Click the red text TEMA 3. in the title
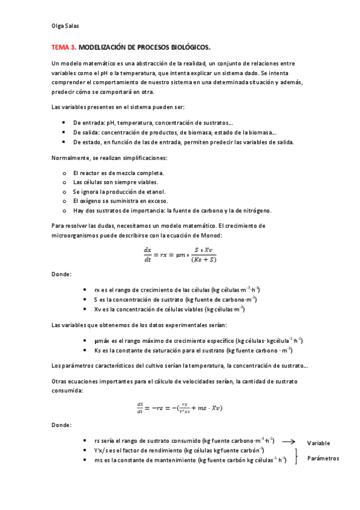point(64,46)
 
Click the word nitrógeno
point(257,210)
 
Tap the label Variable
point(318,443)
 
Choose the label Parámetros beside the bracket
point(323,458)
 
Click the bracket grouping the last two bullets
point(296,455)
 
